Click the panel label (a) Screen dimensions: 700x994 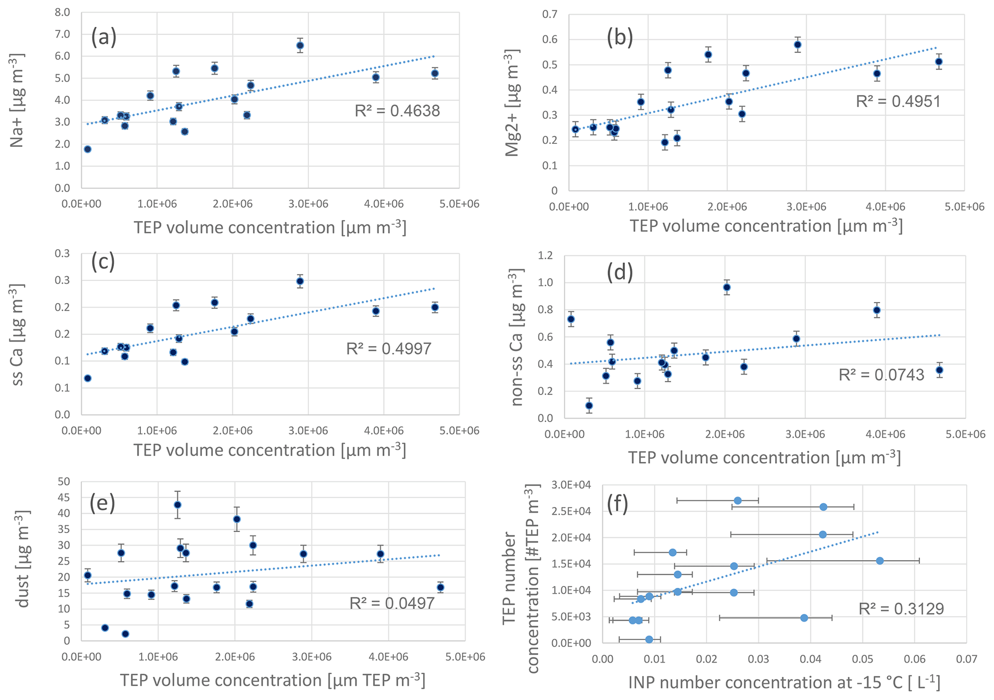pos(104,38)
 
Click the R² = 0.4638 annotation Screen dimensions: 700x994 pos(397,111)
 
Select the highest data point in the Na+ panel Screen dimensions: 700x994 pos(300,46)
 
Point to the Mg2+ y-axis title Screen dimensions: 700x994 pos(513,102)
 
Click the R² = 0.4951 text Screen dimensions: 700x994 pos(898,102)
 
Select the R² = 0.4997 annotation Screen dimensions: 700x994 pos(389,349)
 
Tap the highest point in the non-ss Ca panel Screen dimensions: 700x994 pos(727,287)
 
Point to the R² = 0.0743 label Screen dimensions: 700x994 pos(881,375)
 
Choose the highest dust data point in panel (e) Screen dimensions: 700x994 pos(177,505)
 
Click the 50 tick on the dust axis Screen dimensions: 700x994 pos(63,482)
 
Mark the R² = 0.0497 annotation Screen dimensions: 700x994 pos(392,603)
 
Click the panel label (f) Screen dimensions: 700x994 pos(617,504)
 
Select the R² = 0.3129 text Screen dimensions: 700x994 pos(901,609)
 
